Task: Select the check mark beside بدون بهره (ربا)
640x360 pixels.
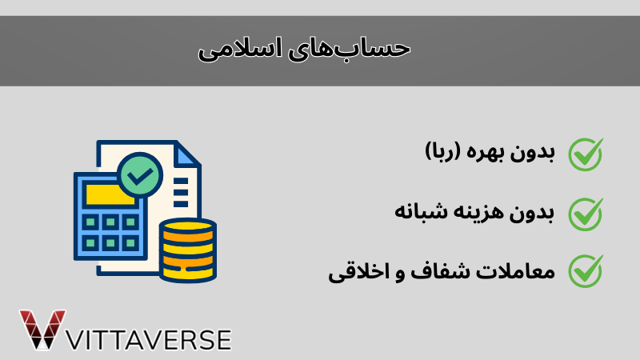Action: click(x=585, y=154)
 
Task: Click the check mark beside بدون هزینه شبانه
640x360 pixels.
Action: click(x=585, y=212)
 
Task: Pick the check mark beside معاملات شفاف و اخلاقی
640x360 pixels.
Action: click(x=585, y=270)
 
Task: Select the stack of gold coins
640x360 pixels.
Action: click(x=187, y=250)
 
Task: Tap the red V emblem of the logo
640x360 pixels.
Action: click(x=42, y=328)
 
